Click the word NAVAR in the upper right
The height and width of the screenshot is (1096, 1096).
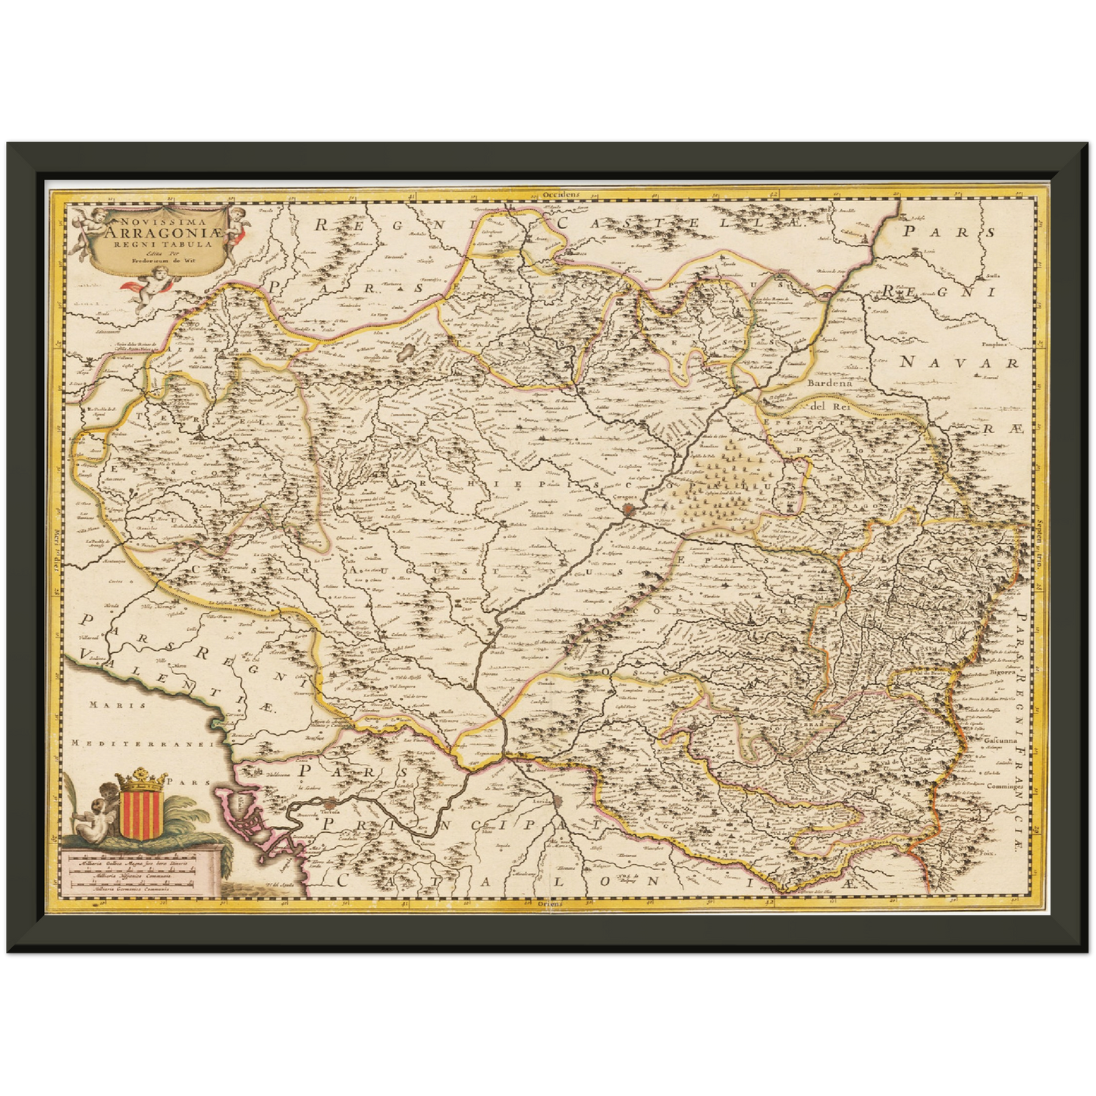(x=959, y=363)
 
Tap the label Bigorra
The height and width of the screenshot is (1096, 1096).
(x=1000, y=673)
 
